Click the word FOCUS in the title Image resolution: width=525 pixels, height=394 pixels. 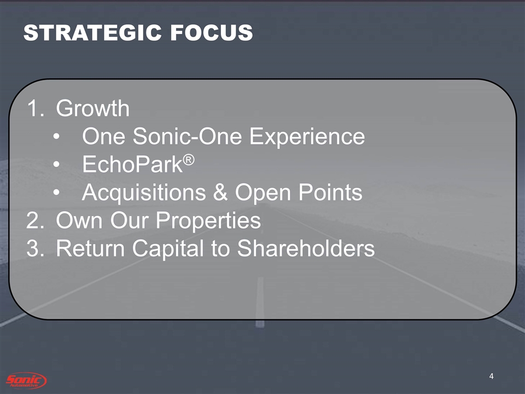pos(212,33)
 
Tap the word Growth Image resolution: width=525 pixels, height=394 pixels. pos(93,108)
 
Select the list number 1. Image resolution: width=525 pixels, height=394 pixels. pos(35,108)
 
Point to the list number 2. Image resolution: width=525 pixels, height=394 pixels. pos(35,220)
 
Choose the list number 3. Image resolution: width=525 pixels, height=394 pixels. pos(35,248)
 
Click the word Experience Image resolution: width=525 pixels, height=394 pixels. pos(307,137)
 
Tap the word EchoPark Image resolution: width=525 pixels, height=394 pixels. pos(132,165)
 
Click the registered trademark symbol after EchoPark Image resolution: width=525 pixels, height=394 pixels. pos(189,160)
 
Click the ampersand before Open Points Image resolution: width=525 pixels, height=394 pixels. pos(220,192)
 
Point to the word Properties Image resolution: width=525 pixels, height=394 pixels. pos(208,221)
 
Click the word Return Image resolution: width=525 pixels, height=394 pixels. pos(90,248)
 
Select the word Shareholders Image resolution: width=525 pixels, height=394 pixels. pos(306,248)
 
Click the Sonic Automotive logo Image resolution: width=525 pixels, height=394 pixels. pos(26,381)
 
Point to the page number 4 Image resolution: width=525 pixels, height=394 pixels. pos(491,376)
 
